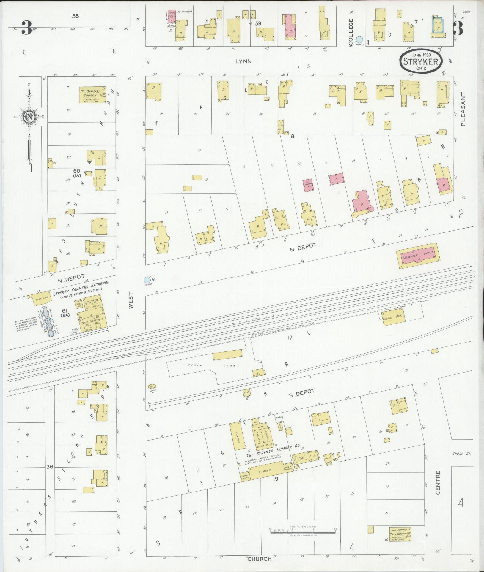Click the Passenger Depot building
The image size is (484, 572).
(418, 255)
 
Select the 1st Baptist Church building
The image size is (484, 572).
(92, 95)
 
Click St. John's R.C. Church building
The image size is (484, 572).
(400, 534)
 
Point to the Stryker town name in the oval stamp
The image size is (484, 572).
(421, 61)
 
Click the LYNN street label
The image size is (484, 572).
(243, 61)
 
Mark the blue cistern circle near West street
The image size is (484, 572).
(147, 280)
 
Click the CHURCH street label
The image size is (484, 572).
(260, 559)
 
